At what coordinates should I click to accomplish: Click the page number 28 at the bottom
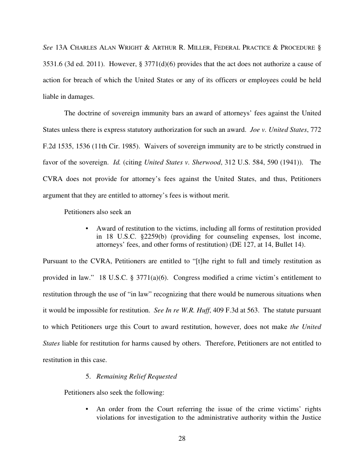click(x=182, y=438)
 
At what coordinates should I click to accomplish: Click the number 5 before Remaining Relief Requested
click(x=88, y=376)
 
